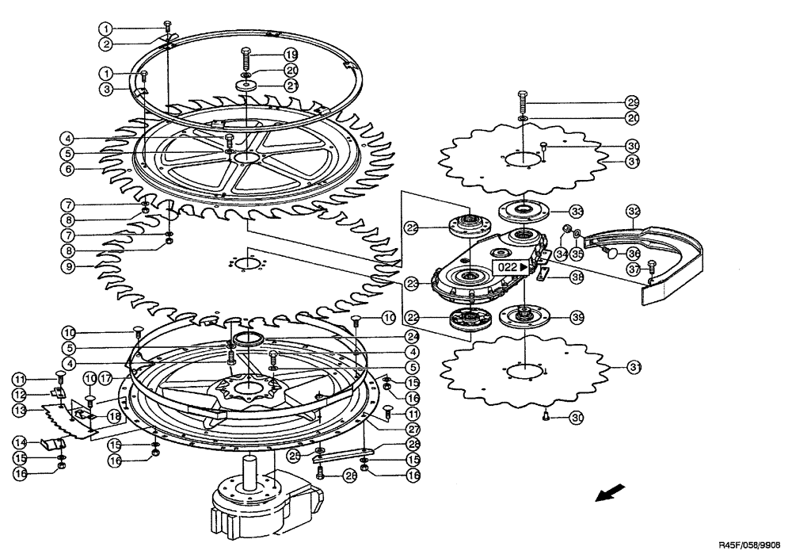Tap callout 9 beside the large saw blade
tap(70, 266)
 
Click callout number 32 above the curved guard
tap(633, 212)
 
